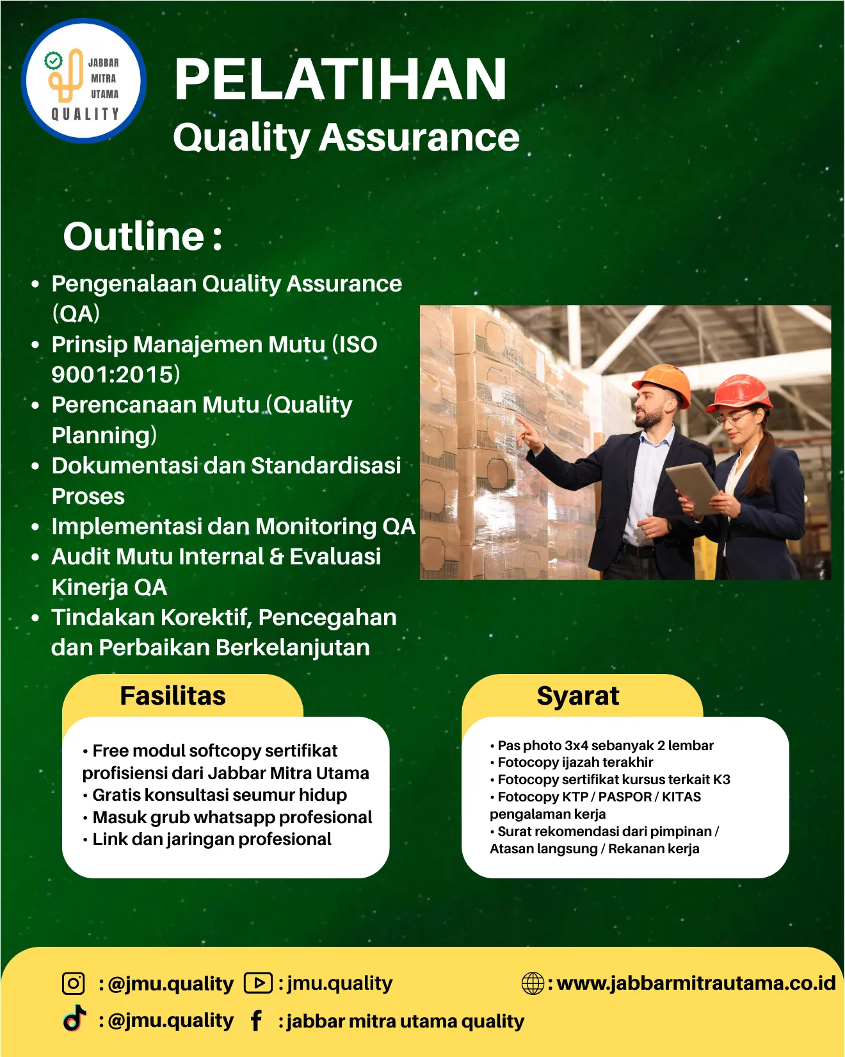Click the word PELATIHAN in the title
pos(341,79)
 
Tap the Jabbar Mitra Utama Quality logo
pos(84,81)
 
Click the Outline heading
pos(143,236)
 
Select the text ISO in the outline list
pos(358,345)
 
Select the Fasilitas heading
pos(173,696)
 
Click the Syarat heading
pos(578,696)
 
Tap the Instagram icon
pos(73,983)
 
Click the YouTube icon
pos(258,983)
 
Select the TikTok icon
pos(74,1018)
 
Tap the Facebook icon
pos(256,1020)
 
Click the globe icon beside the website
pos(533,983)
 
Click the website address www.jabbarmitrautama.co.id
pos(696,983)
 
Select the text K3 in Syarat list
pos(721,780)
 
